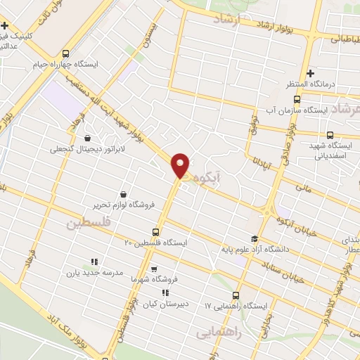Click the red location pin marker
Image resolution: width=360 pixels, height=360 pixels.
[x=181, y=165]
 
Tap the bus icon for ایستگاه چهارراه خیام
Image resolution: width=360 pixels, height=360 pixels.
[x=66, y=53]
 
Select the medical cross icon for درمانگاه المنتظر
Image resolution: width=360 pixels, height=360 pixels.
[x=309, y=73]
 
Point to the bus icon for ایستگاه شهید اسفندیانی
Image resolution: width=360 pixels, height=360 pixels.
[x=330, y=136]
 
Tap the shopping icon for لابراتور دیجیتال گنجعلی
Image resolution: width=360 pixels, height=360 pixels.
[x=87, y=139]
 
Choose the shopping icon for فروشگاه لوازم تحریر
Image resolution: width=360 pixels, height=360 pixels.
[x=124, y=193]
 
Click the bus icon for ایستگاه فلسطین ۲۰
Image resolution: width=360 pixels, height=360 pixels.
[x=156, y=232]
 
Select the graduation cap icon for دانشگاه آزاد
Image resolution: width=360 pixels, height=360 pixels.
[x=255, y=238]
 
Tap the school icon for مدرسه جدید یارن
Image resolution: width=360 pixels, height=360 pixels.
[x=94, y=262]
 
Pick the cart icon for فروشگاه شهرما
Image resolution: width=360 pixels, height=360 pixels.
[x=153, y=269]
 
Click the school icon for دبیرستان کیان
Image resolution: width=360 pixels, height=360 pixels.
[x=165, y=292]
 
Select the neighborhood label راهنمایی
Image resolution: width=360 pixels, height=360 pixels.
[x=219, y=331]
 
